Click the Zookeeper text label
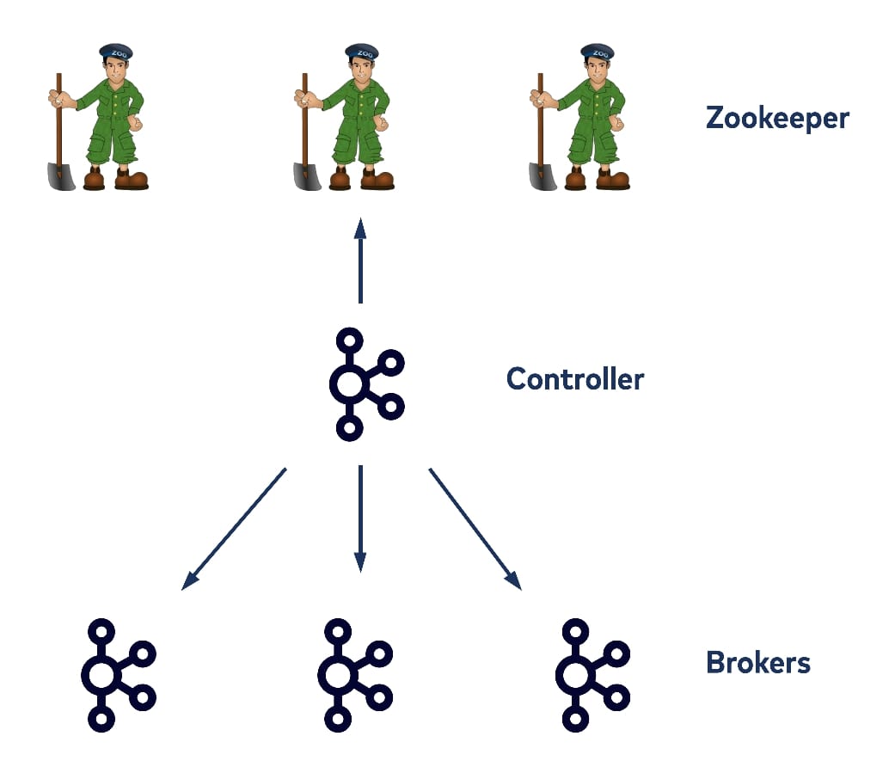pos(776,117)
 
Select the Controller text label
pos(574,378)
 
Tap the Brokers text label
pos(757,663)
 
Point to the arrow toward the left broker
pos(234,529)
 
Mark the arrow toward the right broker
pos(475,529)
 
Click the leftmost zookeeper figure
pos(98,117)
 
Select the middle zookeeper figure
pos(344,117)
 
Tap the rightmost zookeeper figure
pos(580,117)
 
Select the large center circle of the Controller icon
pos(348,384)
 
